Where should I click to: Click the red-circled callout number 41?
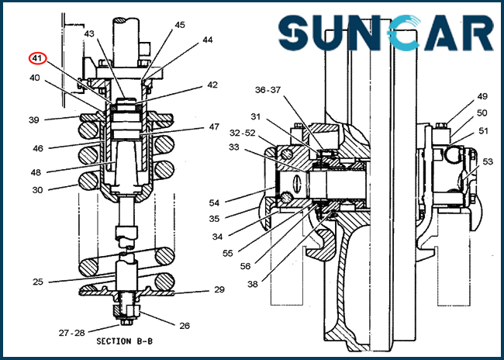[x=37, y=57]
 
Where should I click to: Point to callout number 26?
[x=185, y=326]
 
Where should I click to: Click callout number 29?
[x=219, y=289]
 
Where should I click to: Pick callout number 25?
[x=37, y=282]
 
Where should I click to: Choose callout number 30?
[x=37, y=189]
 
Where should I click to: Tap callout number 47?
[x=214, y=126]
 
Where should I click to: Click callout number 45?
[x=180, y=25]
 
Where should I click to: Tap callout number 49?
[x=482, y=97]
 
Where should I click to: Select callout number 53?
[x=487, y=162]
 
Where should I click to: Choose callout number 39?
[x=34, y=119]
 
